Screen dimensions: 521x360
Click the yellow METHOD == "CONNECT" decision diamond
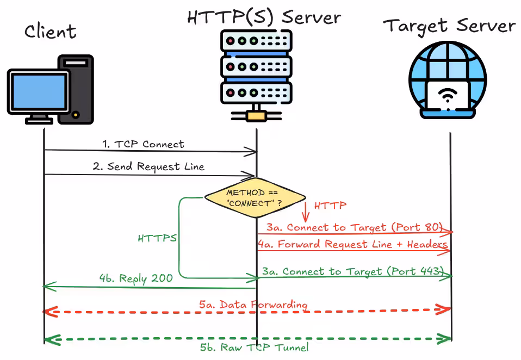coord(255,198)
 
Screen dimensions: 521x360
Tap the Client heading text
coord(51,32)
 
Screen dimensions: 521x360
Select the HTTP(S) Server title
coord(264,17)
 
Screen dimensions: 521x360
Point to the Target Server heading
coord(449,26)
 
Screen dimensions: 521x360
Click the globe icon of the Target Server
coord(448,80)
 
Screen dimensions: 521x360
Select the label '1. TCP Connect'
coord(143,144)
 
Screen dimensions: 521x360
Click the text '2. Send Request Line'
coord(148,166)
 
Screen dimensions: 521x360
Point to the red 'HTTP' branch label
coord(330,206)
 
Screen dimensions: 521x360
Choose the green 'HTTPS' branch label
coord(157,238)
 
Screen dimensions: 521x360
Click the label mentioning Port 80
coord(355,227)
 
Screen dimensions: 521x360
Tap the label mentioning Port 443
coord(353,271)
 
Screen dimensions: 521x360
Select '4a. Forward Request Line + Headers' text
coord(353,244)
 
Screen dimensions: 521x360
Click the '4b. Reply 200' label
coord(136,278)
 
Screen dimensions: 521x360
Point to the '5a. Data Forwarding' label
coord(253,305)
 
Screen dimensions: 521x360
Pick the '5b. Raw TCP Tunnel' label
coord(254,347)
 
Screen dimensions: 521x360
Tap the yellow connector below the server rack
coord(256,116)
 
